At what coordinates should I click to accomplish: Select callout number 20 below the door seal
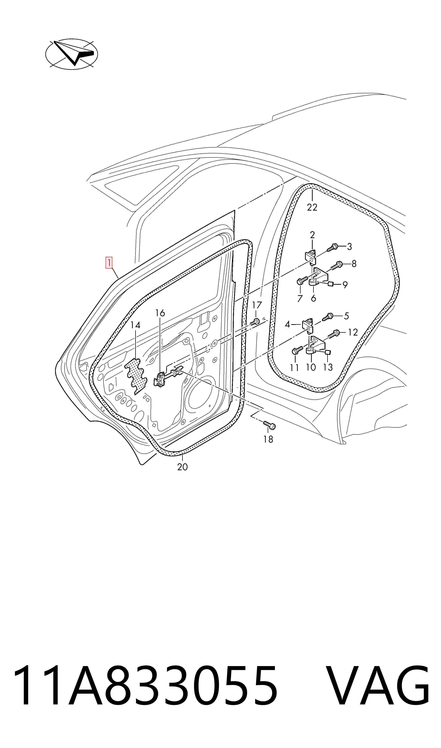183,467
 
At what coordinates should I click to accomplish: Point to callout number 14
135,325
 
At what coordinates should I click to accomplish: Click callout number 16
160,313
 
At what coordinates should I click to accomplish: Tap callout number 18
268,439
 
